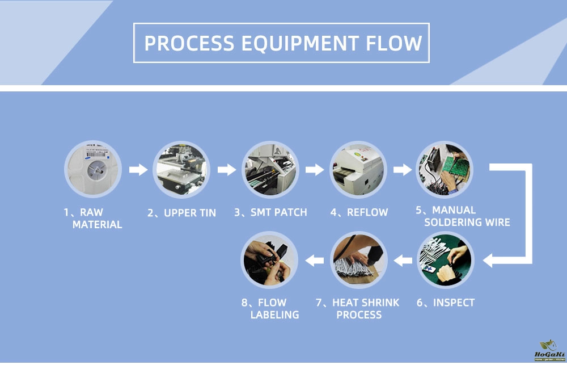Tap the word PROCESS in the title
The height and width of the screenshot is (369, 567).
[189, 43]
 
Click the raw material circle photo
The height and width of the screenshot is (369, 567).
[93, 169]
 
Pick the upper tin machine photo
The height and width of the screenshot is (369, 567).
[181, 169]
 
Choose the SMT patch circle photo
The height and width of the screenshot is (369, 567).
[270, 169]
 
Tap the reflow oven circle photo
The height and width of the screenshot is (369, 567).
[358, 169]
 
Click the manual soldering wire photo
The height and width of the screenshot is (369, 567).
[445, 169]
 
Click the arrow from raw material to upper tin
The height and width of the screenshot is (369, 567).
[138, 169]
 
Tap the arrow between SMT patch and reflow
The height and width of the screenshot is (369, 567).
[314, 169]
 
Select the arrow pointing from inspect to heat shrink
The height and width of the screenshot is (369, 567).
[403, 261]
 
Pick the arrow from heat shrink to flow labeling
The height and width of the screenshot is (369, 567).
[315, 261]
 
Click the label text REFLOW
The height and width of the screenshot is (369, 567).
[359, 212]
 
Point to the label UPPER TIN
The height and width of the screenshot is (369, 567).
[181, 213]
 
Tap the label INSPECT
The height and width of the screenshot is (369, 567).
[446, 303]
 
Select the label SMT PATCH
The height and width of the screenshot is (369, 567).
[270, 212]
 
